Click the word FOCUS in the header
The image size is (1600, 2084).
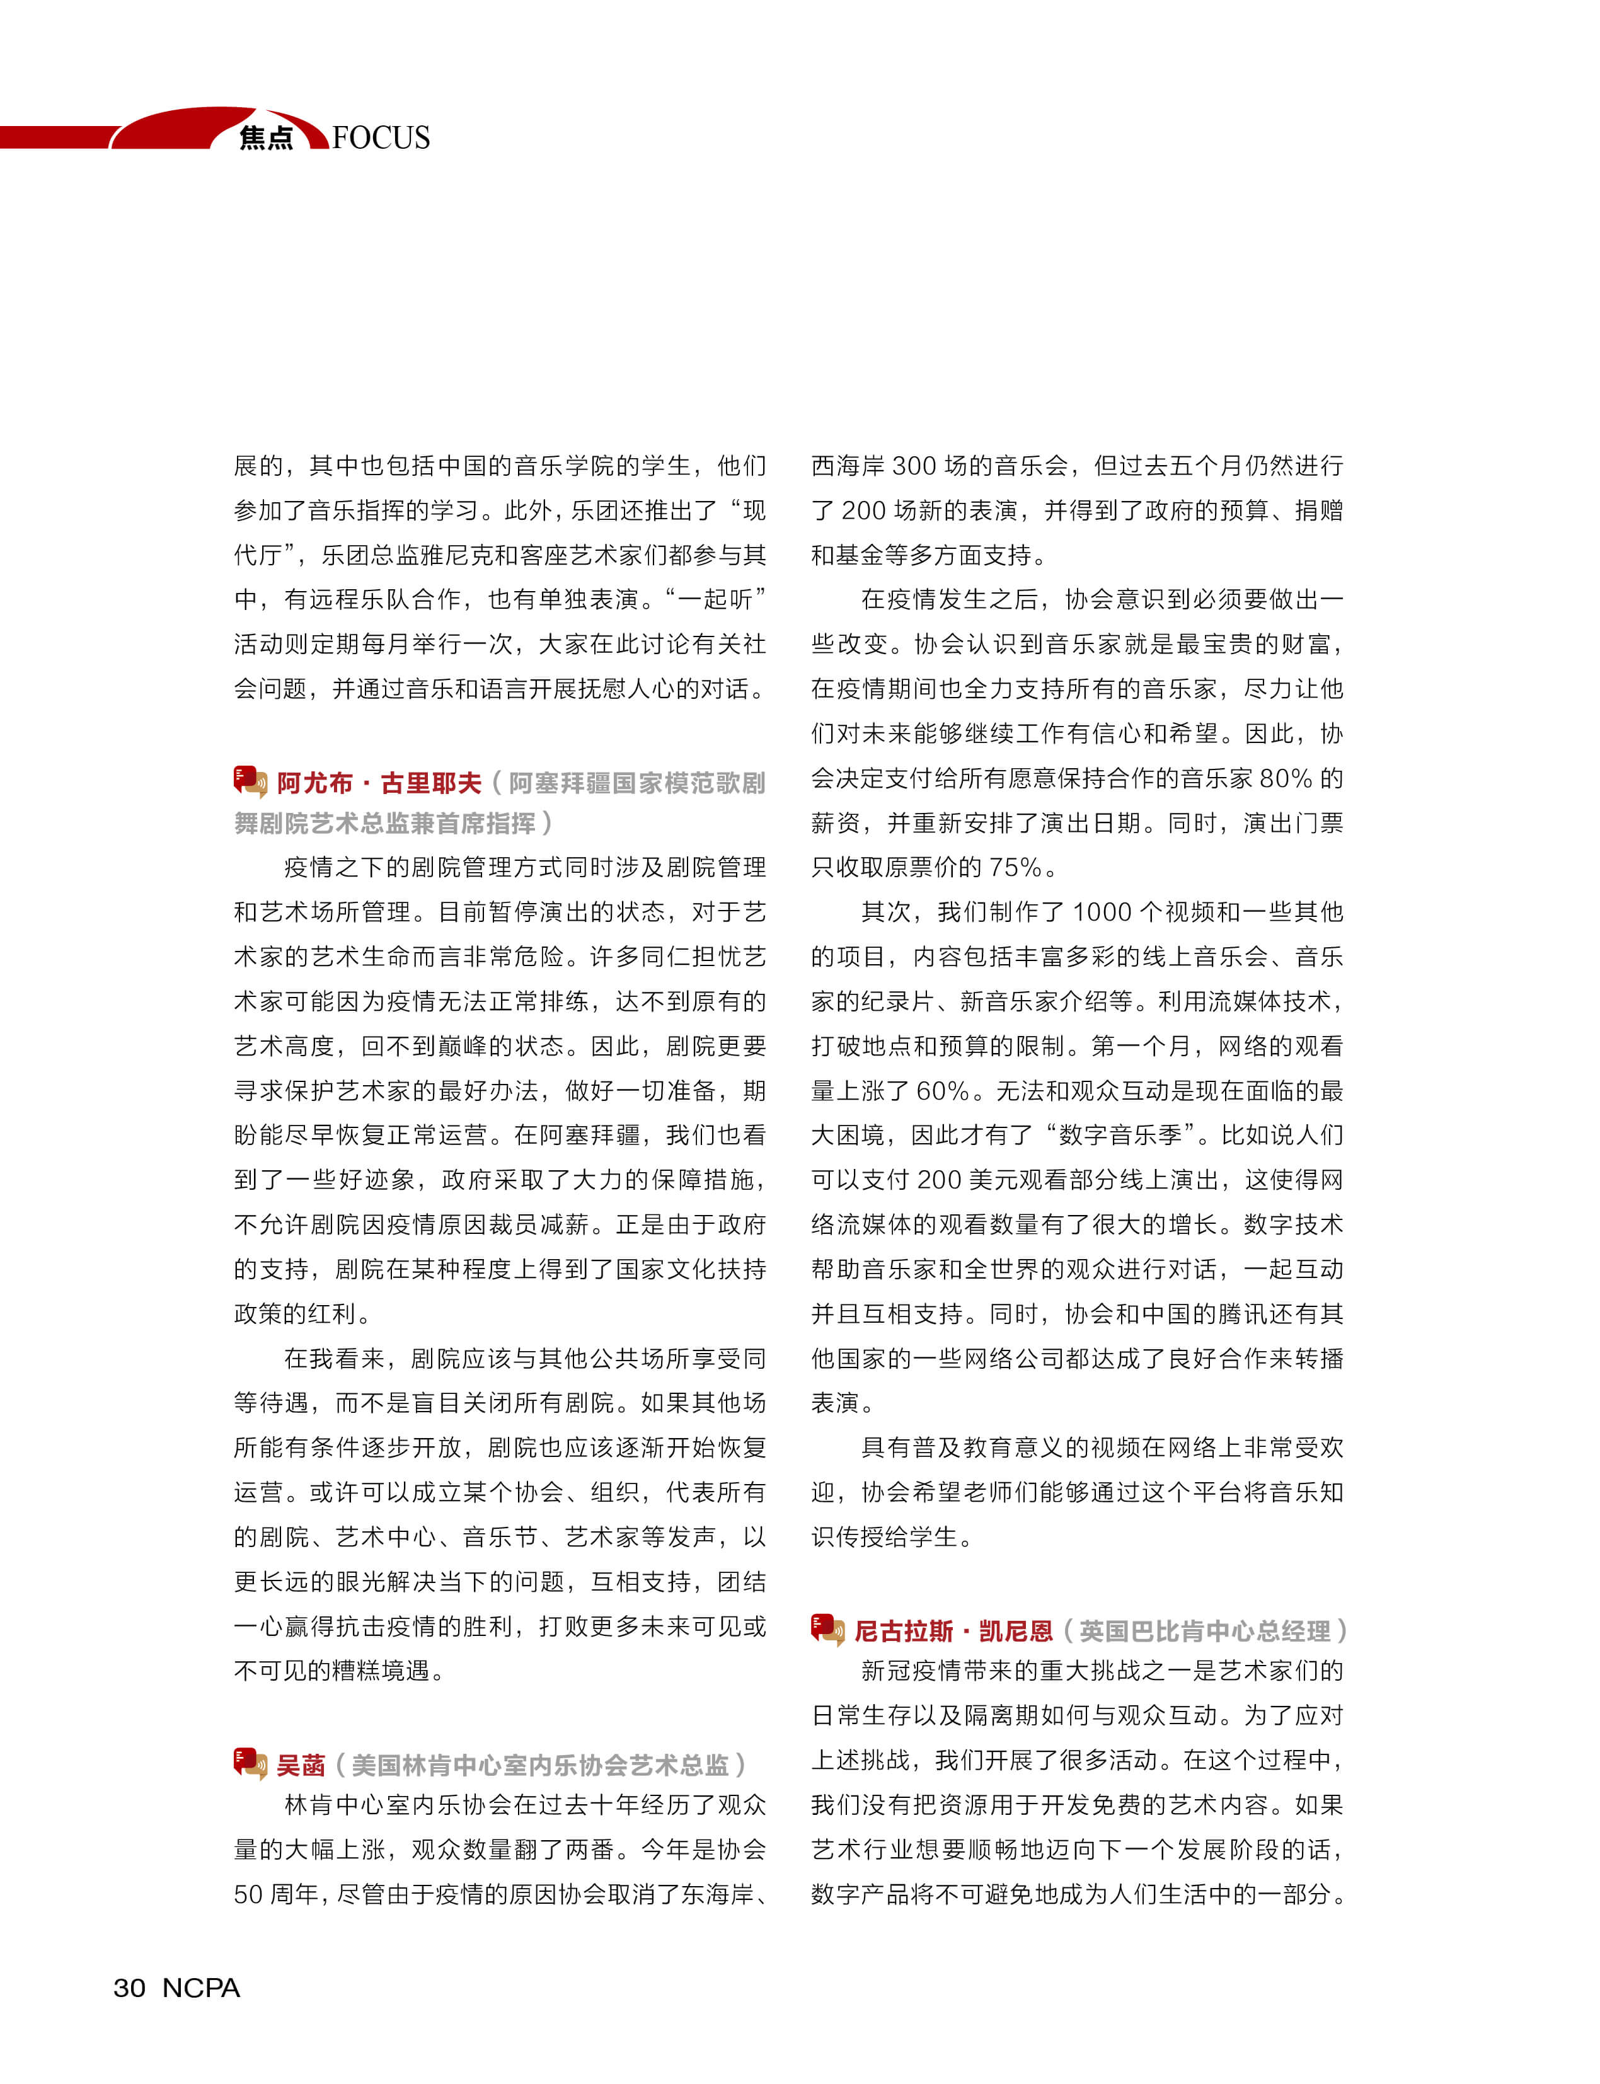pyautogui.click(x=381, y=138)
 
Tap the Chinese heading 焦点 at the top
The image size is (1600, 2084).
pyautogui.click(x=266, y=138)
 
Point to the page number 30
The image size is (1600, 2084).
pyautogui.click(x=130, y=1988)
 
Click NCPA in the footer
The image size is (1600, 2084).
pyautogui.click(x=201, y=1988)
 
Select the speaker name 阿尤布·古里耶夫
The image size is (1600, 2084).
pyautogui.click(x=379, y=783)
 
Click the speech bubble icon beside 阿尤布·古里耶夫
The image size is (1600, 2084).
pyautogui.click(x=250, y=781)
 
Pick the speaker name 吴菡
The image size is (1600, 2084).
pyautogui.click(x=301, y=1765)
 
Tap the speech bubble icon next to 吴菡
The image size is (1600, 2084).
pyautogui.click(x=250, y=1763)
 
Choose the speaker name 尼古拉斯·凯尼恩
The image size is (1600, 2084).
pyautogui.click(x=953, y=1632)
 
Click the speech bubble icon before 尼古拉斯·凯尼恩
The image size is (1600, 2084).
pyautogui.click(x=827, y=1630)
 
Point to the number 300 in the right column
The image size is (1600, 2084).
pyautogui.click(x=914, y=466)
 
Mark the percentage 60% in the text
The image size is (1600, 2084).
pyautogui.click(x=943, y=1091)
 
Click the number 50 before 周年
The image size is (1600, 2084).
pyautogui.click(x=248, y=1894)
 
